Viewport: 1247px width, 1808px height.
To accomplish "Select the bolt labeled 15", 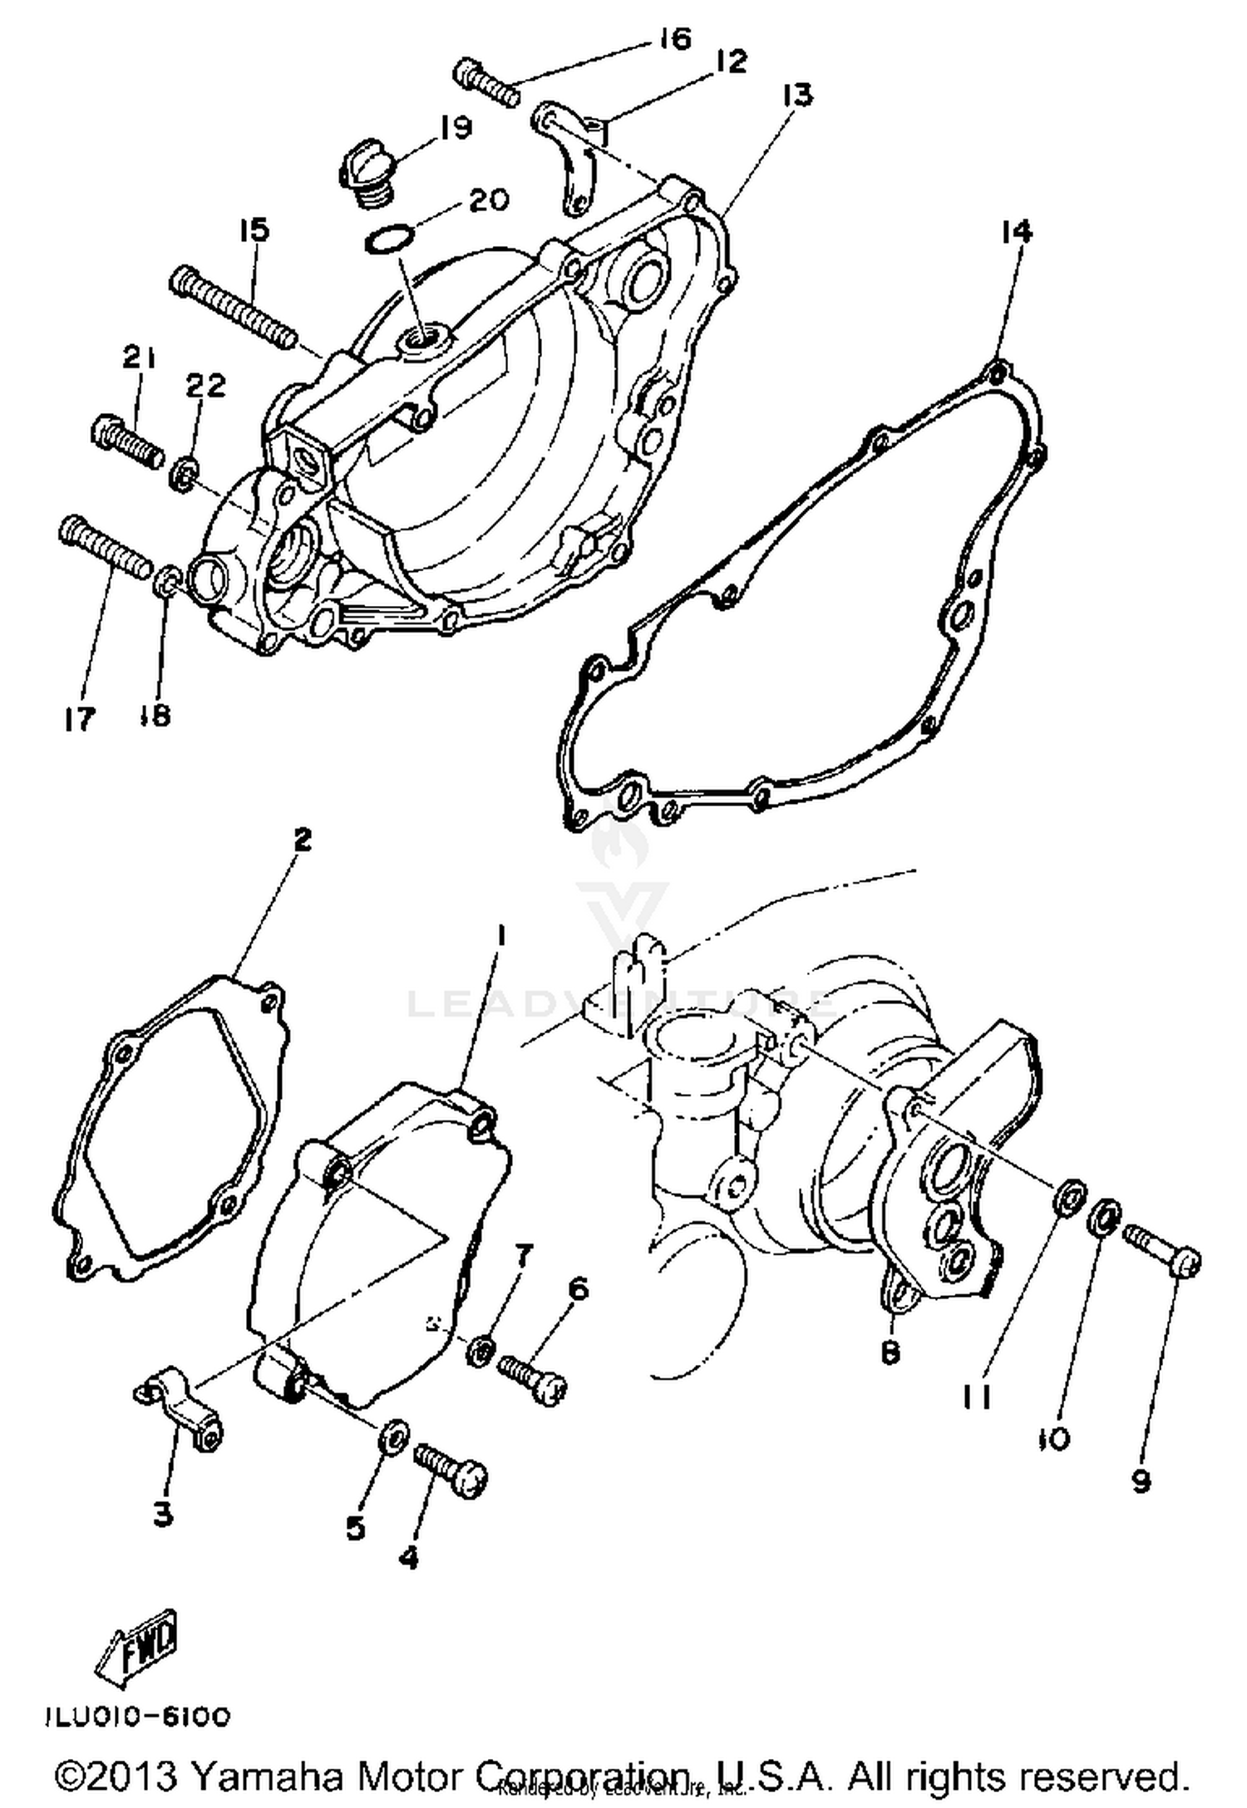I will tap(233, 308).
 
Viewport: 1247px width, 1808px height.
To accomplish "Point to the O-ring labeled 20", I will tap(388, 241).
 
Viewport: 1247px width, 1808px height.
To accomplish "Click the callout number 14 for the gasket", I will tap(1017, 231).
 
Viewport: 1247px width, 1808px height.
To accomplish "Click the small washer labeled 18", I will tap(167, 580).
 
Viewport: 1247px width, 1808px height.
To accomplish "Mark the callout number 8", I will tap(890, 1353).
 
